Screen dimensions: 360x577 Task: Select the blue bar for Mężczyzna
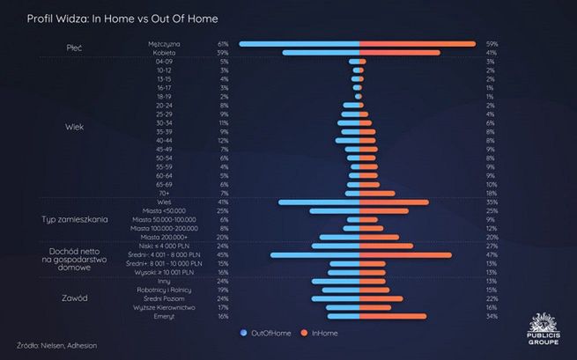coord(300,44)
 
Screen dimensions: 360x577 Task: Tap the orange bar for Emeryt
coord(393,316)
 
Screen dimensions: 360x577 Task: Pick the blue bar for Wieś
coord(320,202)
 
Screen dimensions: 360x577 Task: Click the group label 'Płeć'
coord(75,46)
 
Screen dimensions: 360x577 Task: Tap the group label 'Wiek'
coord(75,128)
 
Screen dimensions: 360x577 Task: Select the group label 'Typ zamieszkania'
coord(75,219)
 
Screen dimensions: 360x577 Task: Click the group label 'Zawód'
coord(75,298)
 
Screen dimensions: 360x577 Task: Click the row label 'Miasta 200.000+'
coord(161,238)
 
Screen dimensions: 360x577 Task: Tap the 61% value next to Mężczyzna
coord(223,44)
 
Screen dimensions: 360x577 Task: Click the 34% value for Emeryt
coord(491,316)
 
